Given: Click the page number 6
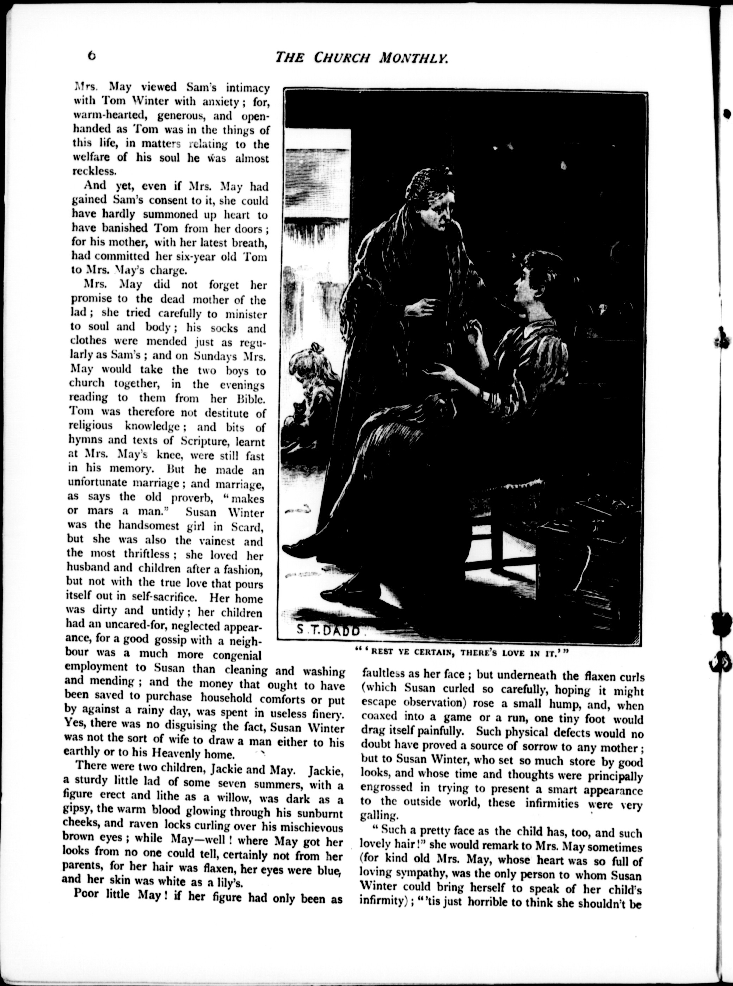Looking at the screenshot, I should [91, 56].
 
